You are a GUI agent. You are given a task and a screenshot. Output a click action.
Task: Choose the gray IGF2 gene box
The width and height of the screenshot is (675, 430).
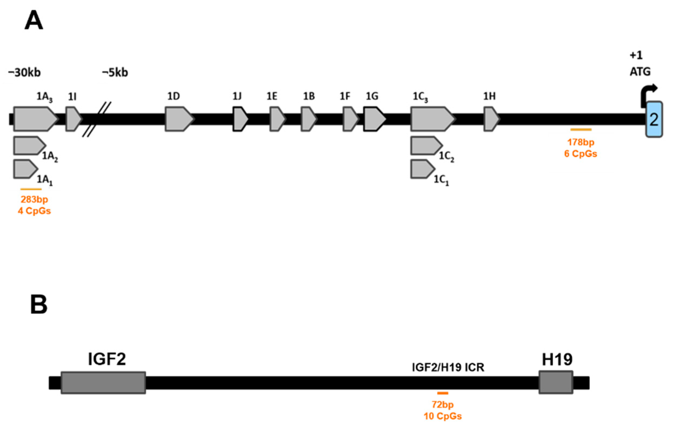coord(103,383)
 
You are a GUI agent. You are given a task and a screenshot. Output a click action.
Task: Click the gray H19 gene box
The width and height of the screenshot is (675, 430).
coord(556,383)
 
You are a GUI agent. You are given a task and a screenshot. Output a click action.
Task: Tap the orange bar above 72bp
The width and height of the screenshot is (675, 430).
coord(443,393)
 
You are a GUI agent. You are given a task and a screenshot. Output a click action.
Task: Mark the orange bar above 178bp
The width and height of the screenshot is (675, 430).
coord(581,129)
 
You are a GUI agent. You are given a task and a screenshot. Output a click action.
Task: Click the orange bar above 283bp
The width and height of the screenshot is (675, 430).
coord(31,189)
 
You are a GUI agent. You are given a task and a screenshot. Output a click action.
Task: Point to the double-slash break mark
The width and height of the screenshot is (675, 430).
coord(96,120)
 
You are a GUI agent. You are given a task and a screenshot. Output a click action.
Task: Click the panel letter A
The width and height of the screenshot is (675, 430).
coord(34,21)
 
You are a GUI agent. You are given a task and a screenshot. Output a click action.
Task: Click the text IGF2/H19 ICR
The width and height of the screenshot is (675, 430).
coord(448,367)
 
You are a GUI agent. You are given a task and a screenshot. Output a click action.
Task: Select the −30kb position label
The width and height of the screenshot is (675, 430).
coord(24,73)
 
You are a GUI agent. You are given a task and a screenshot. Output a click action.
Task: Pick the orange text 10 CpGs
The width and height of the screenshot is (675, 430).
coord(443,416)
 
